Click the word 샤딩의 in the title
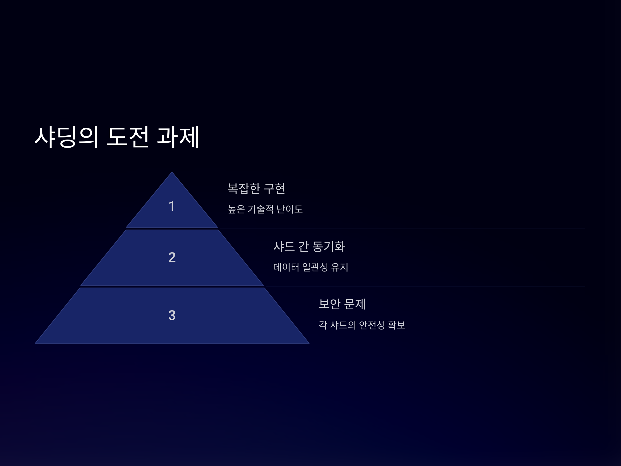click(x=66, y=137)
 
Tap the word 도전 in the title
click(x=128, y=137)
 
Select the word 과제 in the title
click(x=178, y=137)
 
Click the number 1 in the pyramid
click(x=172, y=206)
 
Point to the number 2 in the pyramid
click(x=172, y=257)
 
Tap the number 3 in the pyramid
click(x=172, y=315)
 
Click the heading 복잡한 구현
click(x=256, y=188)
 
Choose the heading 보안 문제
click(x=342, y=304)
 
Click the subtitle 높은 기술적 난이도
click(x=265, y=209)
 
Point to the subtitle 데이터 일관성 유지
click(x=310, y=267)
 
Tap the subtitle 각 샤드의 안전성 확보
click(x=362, y=325)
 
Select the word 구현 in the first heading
click(x=275, y=188)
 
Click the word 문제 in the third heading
click(x=354, y=304)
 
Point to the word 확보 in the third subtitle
click(x=396, y=325)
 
